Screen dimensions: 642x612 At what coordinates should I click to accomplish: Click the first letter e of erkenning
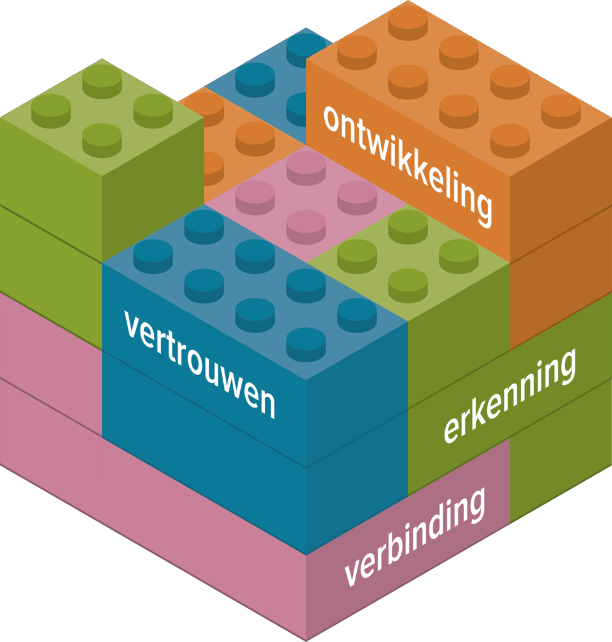(451, 431)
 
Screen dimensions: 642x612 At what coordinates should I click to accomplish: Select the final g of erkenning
(565, 367)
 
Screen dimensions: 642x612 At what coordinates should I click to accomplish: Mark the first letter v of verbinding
(353, 572)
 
